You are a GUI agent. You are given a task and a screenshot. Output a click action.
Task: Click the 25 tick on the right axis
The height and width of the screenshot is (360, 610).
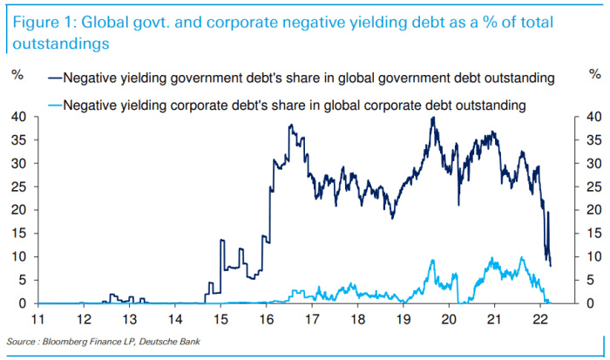point(593,187)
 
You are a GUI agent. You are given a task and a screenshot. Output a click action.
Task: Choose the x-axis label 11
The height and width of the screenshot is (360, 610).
point(36,319)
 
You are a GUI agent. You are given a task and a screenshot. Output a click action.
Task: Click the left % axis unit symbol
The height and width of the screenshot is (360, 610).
point(17,75)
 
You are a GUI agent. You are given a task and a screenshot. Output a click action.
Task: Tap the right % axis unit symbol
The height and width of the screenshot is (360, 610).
point(593,75)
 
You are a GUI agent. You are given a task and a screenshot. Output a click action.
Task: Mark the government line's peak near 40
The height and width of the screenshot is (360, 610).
point(433,118)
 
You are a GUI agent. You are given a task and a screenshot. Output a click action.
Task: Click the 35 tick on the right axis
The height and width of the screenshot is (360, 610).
point(593,139)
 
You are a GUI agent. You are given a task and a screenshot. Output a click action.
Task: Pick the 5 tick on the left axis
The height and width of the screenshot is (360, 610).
point(20,281)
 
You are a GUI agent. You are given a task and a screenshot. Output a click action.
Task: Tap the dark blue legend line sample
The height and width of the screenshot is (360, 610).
point(54,78)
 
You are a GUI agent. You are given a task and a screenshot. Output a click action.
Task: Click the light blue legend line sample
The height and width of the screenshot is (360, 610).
point(54,106)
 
